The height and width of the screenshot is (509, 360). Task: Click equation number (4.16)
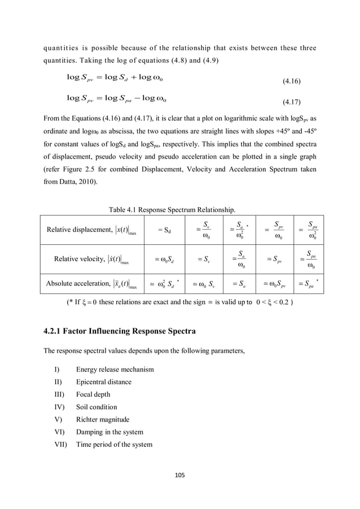click(291, 82)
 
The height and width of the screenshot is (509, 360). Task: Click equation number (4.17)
click(291, 103)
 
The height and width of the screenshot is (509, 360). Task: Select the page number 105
click(180, 476)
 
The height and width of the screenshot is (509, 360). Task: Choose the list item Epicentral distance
click(106, 382)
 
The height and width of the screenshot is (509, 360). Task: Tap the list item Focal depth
click(93, 394)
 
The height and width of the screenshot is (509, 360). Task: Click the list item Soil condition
click(96, 407)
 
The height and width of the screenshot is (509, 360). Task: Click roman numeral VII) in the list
click(60, 445)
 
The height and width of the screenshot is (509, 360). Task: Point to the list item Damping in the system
click(109, 432)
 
